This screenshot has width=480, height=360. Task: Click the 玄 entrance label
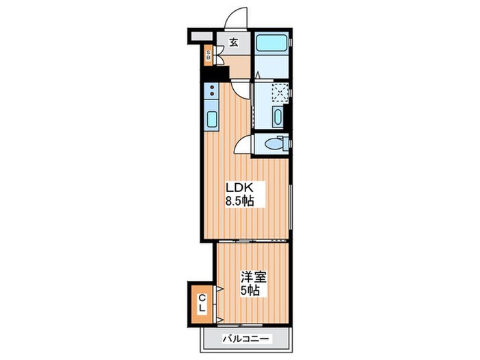point(234,42)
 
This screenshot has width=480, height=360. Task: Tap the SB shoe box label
point(208,56)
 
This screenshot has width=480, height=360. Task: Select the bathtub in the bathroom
point(272,43)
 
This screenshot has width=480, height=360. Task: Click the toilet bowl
point(274,143)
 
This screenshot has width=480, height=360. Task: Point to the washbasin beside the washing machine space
point(278,117)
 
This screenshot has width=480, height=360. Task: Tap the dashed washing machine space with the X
point(280,92)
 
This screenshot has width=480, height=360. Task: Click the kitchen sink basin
point(212,119)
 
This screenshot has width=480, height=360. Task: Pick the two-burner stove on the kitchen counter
point(211,91)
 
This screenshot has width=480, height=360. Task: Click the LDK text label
point(239,188)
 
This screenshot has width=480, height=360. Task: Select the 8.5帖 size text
point(240,201)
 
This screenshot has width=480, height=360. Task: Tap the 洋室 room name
point(254,278)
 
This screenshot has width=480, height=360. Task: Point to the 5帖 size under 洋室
point(250,291)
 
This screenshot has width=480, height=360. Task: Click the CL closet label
point(202,303)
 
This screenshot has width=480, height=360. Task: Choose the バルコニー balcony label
point(245,339)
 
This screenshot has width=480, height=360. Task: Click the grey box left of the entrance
point(202,36)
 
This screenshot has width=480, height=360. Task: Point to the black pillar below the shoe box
point(217,72)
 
